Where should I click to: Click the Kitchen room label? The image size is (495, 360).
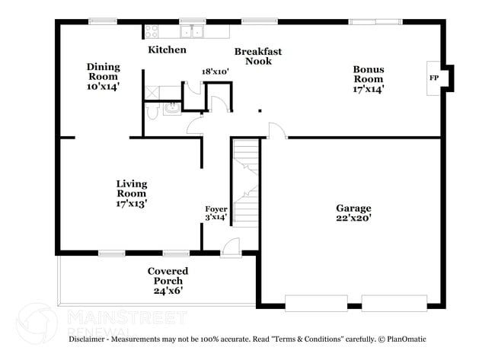tap(167, 49)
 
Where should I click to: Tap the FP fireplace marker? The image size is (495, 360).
tap(434, 78)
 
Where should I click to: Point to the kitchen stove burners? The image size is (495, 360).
tap(152, 31)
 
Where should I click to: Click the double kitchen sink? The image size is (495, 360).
tap(190, 31)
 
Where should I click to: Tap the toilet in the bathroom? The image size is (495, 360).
tap(151, 111)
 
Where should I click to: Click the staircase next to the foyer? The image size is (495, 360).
tap(245, 183)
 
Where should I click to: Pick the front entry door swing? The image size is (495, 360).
tap(230, 247)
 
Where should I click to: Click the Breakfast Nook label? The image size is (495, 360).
tap(258, 56)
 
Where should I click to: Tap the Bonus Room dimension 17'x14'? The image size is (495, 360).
tap(368, 88)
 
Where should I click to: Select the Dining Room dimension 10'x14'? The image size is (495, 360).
tap(103, 87)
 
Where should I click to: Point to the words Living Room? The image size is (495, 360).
tap(131, 189)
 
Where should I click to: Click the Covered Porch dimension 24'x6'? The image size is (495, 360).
tap(168, 290)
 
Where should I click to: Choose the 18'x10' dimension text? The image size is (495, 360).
tap(216, 72)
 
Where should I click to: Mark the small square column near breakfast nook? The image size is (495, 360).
tap(260, 111)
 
